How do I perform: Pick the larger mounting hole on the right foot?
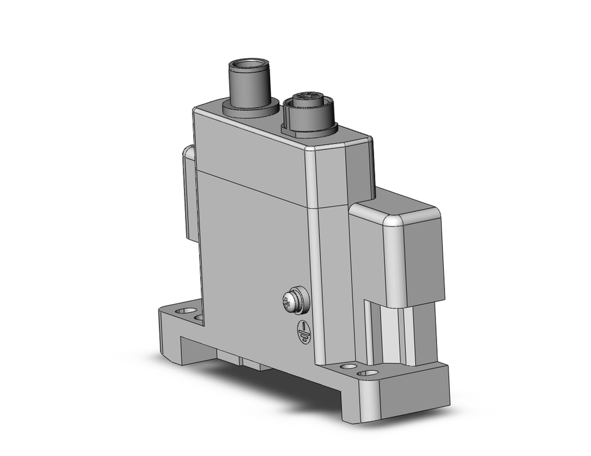tap(371, 373)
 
